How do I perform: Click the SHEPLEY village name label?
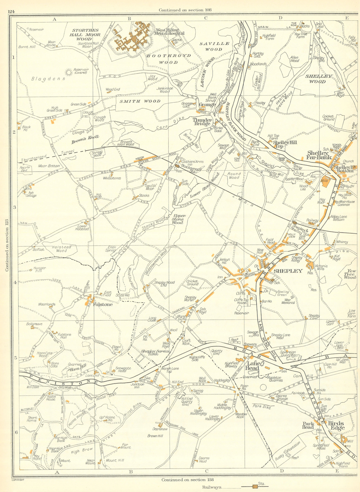(x=284, y=271)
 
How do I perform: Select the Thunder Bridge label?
(x=202, y=122)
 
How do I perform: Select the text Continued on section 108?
(x=185, y=10)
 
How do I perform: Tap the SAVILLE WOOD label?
(x=214, y=46)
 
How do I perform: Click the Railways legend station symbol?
(x=255, y=487)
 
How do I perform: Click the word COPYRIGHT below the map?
(x=17, y=479)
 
